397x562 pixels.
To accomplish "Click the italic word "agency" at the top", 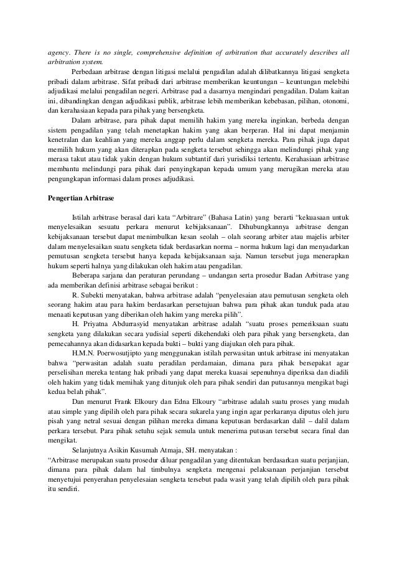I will [61, 52].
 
